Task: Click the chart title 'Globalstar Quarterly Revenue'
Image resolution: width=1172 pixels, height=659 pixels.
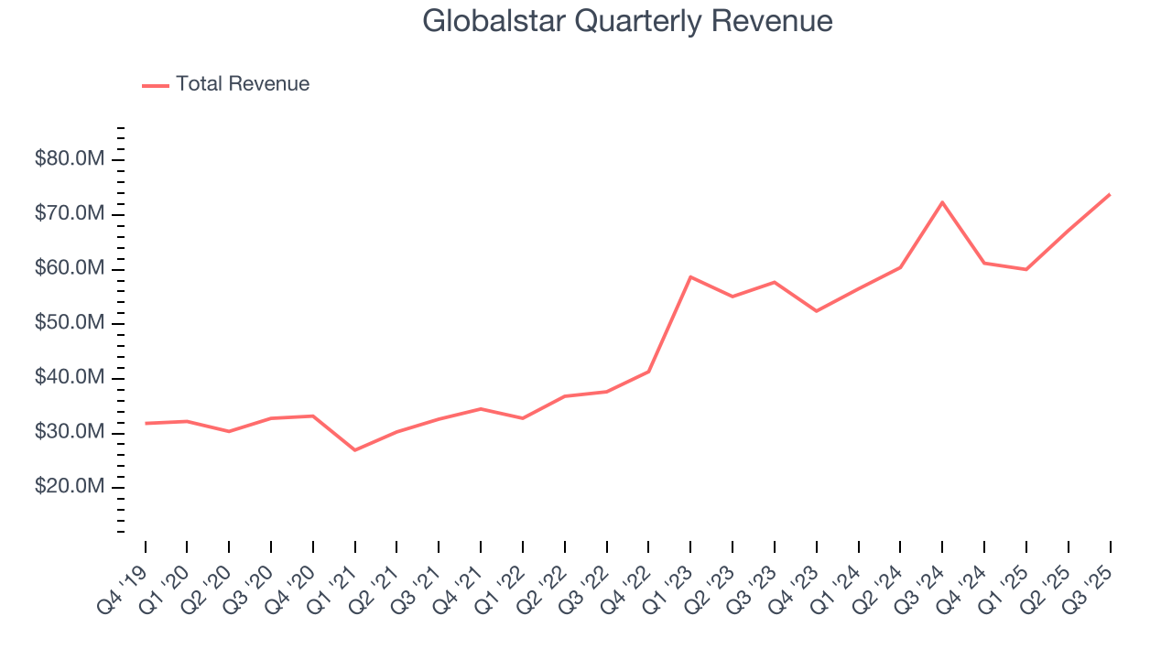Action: point(627,21)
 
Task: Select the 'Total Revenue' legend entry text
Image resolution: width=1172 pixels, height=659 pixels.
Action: point(243,84)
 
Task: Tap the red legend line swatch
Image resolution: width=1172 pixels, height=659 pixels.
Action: point(156,85)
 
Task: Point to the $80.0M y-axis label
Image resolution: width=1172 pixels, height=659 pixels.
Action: point(70,160)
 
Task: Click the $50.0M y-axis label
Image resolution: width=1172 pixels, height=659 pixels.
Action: point(70,324)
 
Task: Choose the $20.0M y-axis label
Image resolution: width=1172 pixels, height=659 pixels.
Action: point(70,487)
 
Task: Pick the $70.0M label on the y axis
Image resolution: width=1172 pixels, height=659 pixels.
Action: point(70,214)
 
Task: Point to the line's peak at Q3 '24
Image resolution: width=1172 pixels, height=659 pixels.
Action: point(942,202)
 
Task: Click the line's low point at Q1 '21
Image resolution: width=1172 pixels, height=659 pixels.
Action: point(354,450)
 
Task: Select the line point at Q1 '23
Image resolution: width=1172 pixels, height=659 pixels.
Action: point(690,276)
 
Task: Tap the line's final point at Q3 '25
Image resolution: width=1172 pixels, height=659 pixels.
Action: point(1110,194)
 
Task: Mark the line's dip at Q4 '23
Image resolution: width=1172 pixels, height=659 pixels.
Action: point(816,311)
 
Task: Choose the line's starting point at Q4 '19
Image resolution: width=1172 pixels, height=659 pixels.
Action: point(145,423)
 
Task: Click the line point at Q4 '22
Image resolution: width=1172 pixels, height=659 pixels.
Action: point(648,372)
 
